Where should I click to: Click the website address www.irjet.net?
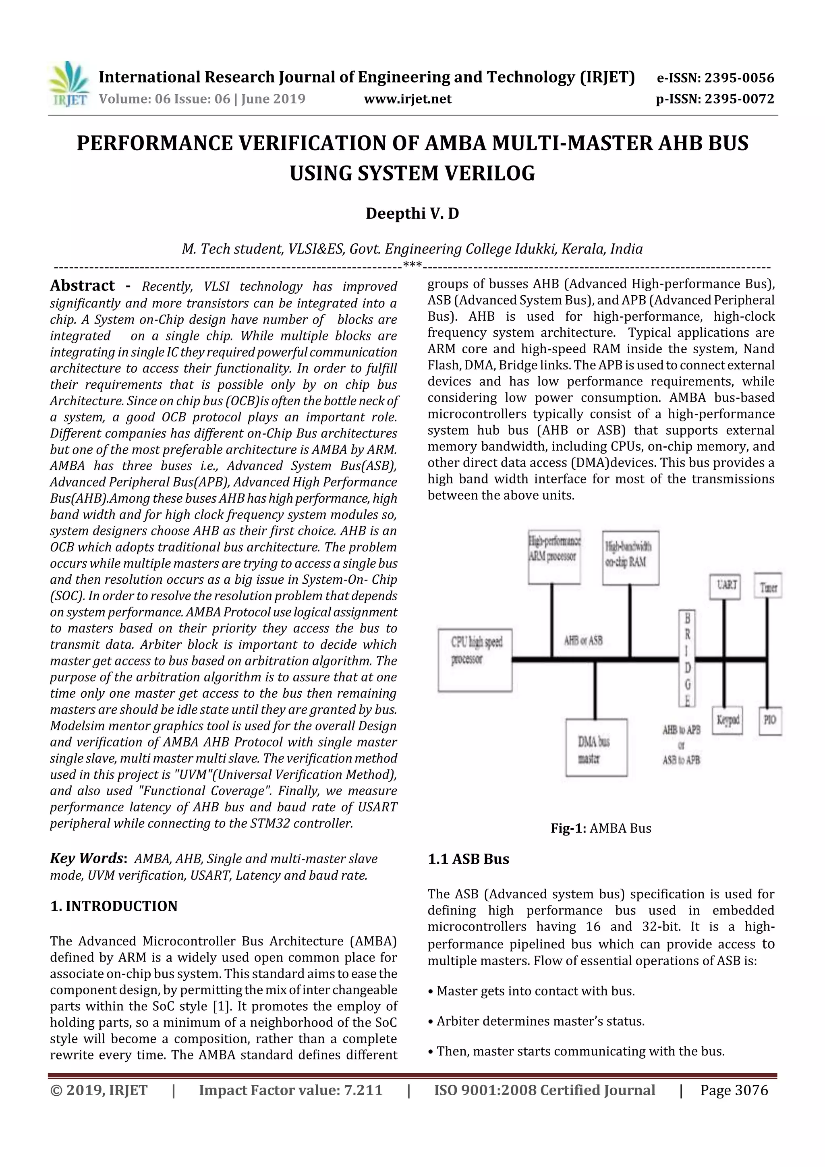pyautogui.click(x=408, y=99)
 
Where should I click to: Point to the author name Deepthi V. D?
pyautogui.click(x=412, y=214)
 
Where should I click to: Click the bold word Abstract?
pyautogui.click(x=82, y=286)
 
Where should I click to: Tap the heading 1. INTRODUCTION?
pyautogui.click(x=114, y=906)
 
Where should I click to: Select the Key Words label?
pyautogui.click(x=87, y=858)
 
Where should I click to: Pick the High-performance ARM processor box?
pyautogui.click(x=554, y=557)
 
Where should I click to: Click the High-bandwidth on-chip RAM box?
pyautogui.click(x=630, y=558)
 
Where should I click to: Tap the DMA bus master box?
pyautogui.click(x=596, y=747)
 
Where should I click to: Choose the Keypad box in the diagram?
pyautogui.click(x=728, y=720)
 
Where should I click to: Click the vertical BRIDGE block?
pyautogui.click(x=687, y=659)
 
